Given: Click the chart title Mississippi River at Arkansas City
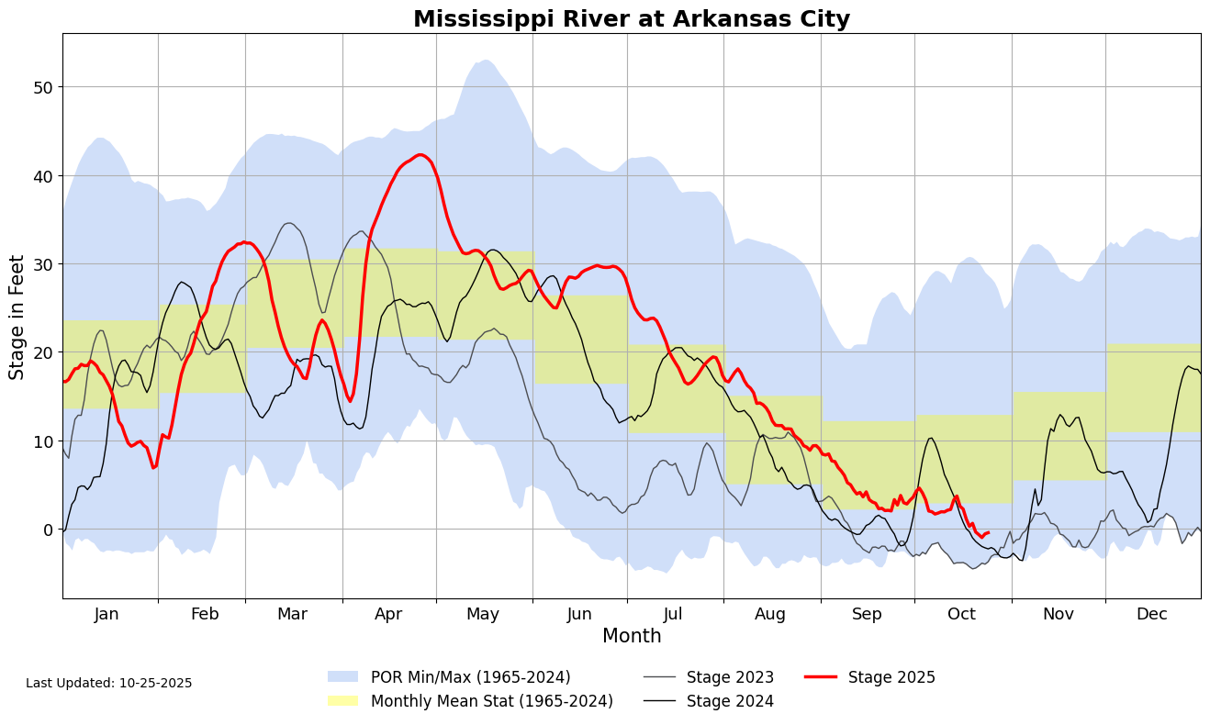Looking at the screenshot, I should [632, 19].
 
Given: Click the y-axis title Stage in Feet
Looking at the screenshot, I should [17, 317].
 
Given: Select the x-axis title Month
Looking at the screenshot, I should [632, 636].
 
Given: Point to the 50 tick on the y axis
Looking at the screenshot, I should [42, 87].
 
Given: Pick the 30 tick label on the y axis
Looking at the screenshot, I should [42, 264].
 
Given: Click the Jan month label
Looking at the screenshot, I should [106, 614].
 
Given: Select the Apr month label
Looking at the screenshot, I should [388, 614].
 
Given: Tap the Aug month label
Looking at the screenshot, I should [771, 614].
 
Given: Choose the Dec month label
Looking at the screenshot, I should [1152, 614].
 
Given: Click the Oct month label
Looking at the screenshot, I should [962, 614].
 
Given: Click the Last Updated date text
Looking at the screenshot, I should [109, 684].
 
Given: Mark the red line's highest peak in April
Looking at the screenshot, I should [420, 154].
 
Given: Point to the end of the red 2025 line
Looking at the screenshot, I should [988, 532].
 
